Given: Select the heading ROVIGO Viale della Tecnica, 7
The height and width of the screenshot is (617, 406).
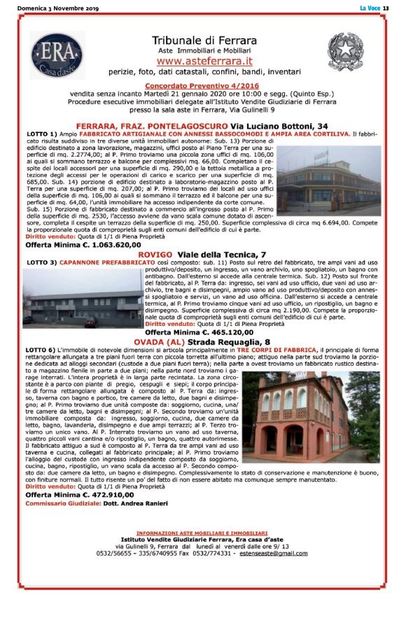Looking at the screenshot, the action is (202, 254).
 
